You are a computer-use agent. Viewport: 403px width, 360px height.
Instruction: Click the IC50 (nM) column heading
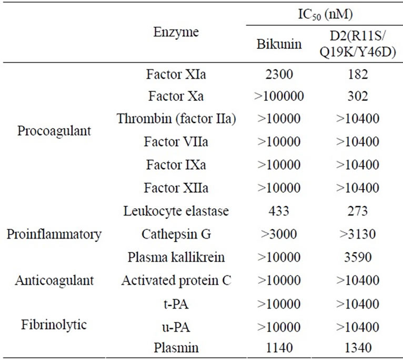click(322, 12)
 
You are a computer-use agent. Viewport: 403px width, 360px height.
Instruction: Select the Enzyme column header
click(176, 32)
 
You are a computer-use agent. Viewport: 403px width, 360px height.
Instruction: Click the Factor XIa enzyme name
click(176, 74)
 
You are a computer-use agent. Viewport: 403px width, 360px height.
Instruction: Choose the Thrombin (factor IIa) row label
click(176, 119)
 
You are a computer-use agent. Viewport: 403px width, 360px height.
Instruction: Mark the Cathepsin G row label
click(176, 234)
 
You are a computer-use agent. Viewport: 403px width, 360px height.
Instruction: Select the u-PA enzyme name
click(176, 325)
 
